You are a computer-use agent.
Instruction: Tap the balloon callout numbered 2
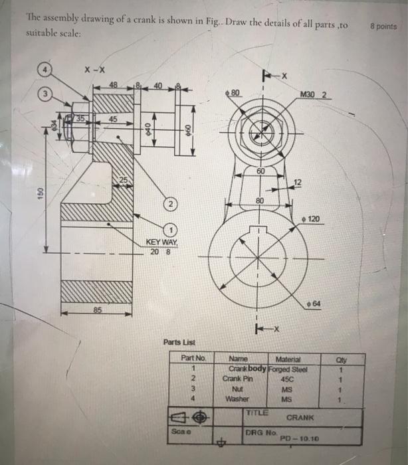click(x=170, y=202)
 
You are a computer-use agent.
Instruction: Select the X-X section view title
click(x=94, y=69)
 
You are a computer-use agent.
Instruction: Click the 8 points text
click(x=384, y=27)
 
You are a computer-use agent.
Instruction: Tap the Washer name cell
click(x=238, y=398)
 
